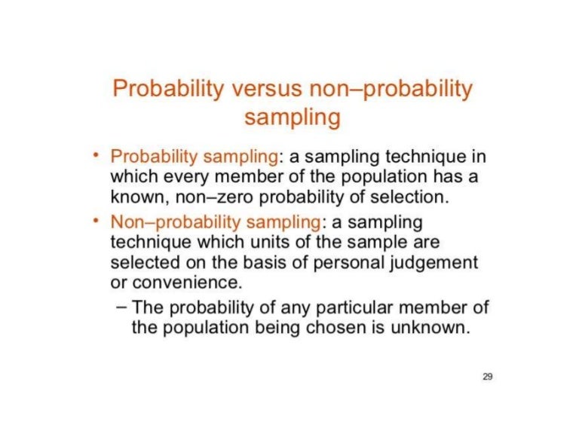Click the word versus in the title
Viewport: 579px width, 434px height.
pyautogui.click(x=265, y=90)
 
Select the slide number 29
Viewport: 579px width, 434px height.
pyautogui.click(x=487, y=376)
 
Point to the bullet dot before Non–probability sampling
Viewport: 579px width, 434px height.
pyautogui.click(x=96, y=222)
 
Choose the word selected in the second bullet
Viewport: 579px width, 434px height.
pyautogui.click(x=142, y=264)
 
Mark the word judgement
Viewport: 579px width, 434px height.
pyautogui.click(x=441, y=264)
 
